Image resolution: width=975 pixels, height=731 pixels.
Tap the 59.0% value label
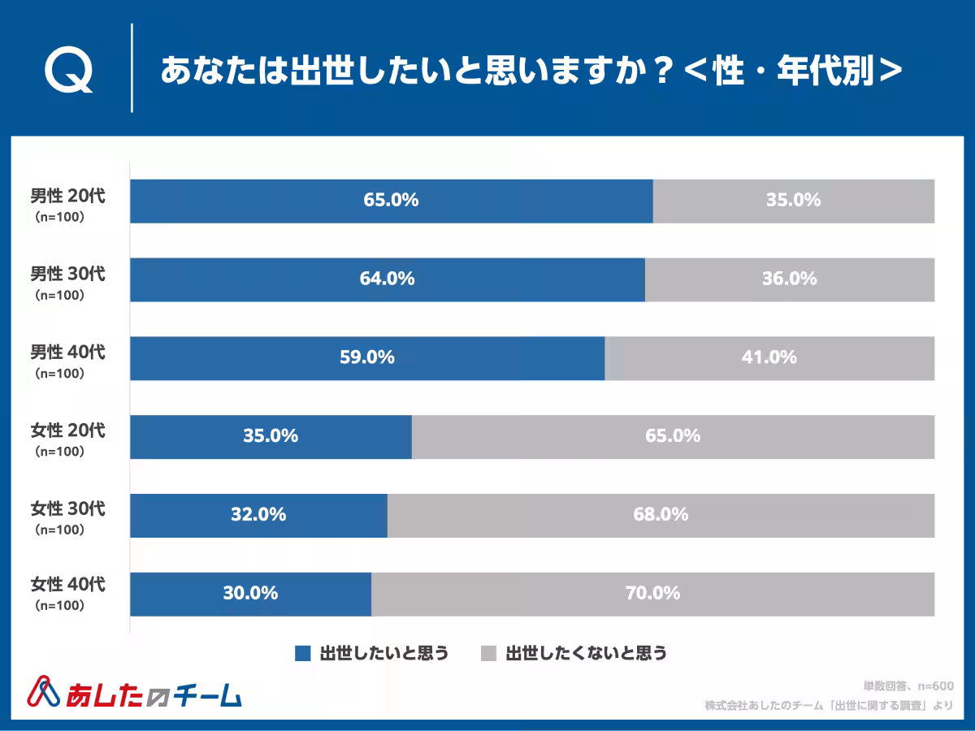click(x=367, y=357)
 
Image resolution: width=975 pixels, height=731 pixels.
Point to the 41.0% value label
click(x=769, y=357)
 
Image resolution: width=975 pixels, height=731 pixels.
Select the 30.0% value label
click(x=250, y=593)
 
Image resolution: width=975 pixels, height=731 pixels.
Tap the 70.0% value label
click(x=652, y=593)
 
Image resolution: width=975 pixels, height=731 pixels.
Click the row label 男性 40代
click(x=68, y=352)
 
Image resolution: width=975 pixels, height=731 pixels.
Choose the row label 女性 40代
click(x=68, y=585)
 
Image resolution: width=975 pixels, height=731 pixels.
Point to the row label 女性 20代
click(x=68, y=430)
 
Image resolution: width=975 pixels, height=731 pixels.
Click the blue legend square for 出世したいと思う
click(x=302, y=653)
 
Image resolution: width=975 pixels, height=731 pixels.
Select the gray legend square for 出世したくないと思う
click(x=488, y=653)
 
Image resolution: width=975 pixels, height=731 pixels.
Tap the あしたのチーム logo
click(x=135, y=692)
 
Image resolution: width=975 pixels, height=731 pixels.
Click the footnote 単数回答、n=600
click(x=908, y=686)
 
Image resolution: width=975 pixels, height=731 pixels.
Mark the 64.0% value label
click(x=388, y=279)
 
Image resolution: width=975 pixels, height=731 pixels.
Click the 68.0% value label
click(x=661, y=514)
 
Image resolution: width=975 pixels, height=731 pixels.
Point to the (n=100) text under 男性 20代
click(x=59, y=217)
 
